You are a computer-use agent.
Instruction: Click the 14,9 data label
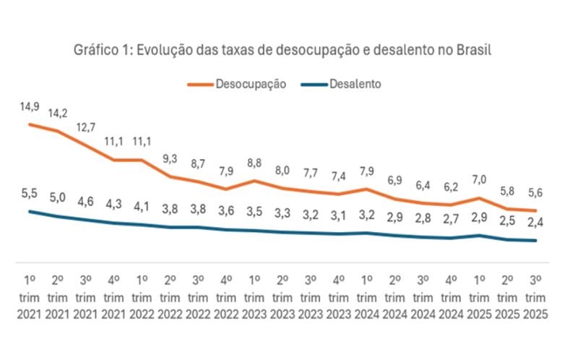(30, 107)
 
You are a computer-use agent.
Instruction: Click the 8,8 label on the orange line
(254, 163)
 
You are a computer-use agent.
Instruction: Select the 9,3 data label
(171, 158)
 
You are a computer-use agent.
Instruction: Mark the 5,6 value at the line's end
(535, 194)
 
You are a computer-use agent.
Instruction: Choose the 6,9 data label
(394, 179)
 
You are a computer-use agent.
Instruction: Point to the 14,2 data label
(59, 113)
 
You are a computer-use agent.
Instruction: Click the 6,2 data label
(450, 187)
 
